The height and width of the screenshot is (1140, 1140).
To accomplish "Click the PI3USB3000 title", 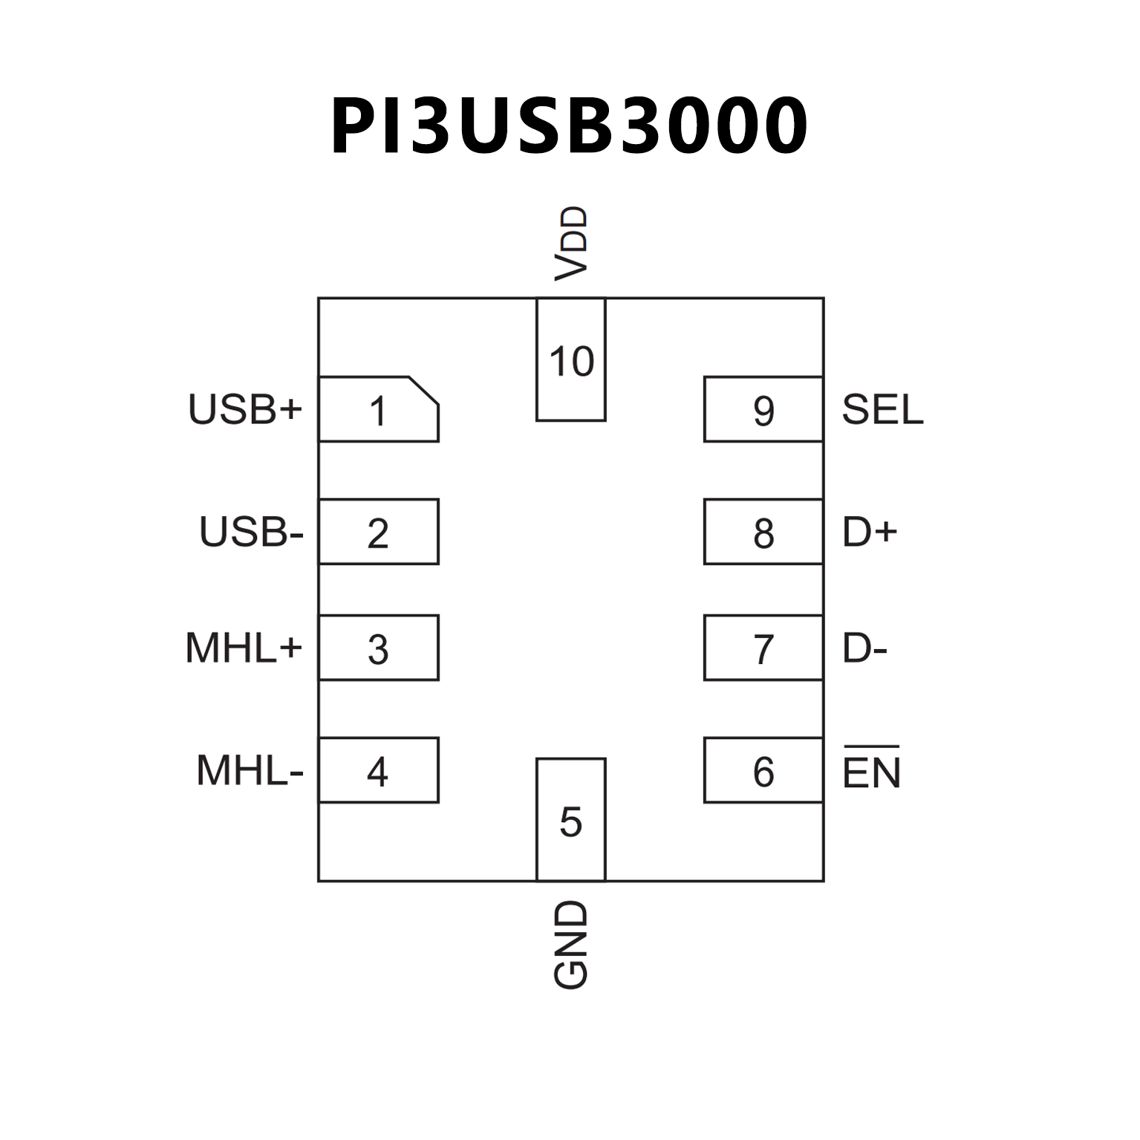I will pos(569,126).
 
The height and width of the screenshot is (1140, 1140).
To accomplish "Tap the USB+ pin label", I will pos(245,409).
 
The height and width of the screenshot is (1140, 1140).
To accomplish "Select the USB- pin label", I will pos(251,532).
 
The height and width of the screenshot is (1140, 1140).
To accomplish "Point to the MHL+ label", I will pos(244,648).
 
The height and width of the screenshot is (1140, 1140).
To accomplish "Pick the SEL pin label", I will pos(882,409).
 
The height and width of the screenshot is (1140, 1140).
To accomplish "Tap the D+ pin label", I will pos(870,532).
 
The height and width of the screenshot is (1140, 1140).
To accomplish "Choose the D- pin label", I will pos(864,648).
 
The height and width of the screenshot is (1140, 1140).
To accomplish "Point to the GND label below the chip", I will pos(571,945).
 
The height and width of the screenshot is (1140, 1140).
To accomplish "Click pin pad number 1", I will pos(378,410).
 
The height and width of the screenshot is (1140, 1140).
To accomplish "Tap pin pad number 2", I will pos(378,532).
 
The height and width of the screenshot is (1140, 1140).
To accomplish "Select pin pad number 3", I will pos(378,648).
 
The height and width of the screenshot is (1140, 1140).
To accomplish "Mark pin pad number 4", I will pos(378,770).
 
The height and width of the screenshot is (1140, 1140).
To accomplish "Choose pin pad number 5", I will pos(570,820).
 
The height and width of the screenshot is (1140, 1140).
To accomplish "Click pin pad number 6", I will pos(763,770).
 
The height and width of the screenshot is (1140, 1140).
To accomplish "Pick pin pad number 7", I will pos(763,648).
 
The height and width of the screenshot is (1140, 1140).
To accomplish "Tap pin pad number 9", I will pos(763,409).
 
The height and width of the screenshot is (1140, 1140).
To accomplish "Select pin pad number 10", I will pos(571,360).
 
